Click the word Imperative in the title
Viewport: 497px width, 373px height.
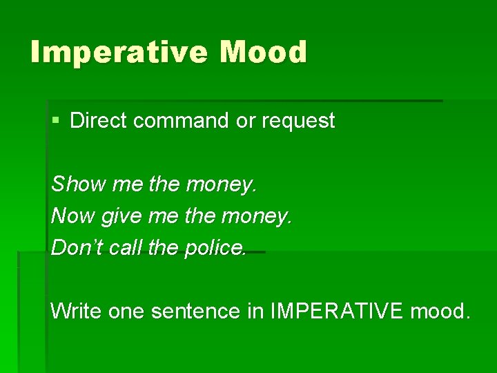pos(118,53)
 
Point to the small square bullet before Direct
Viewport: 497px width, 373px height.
pos(56,121)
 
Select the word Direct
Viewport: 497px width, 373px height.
pos(99,121)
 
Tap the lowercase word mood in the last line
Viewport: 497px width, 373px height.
pos(440,312)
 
